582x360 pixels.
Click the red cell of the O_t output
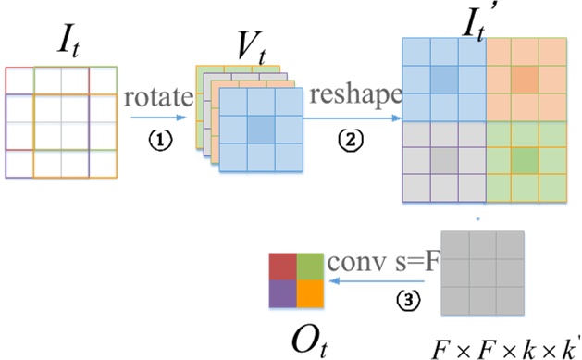pyautogui.click(x=283, y=267)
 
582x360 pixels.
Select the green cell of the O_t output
pyautogui.click(x=309, y=267)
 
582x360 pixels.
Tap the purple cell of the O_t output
pyautogui.click(x=283, y=293)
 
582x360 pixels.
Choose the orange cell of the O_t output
pyautogui.click(x=309, y=293)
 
